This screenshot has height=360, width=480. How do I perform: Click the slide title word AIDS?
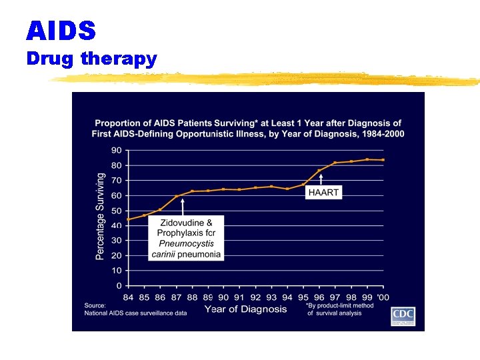coord(61,30)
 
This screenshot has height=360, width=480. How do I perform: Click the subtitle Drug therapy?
coord(91,59)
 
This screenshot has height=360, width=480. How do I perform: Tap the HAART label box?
coord(323,192)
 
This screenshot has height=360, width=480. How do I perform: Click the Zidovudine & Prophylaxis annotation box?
coord(186,237)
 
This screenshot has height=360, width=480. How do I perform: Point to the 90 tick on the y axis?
coord(115,150)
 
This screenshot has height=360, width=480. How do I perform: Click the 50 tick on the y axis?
coord(115,210)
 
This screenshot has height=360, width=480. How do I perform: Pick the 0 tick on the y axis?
coord(118,285)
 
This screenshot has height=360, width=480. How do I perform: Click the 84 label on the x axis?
coord(128,297)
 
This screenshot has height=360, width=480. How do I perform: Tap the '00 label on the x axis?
coord(383,297)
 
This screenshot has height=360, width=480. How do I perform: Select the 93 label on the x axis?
coord(271,297)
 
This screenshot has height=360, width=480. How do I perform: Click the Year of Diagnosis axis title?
coord(245,309)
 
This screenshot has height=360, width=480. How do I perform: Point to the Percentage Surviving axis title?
coord(100,216)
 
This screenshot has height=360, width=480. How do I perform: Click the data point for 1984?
coord(128,219)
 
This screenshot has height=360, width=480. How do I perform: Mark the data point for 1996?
coord(319,171)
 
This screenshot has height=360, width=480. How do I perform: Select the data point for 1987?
coord(176,197)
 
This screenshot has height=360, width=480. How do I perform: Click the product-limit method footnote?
coord(339,309)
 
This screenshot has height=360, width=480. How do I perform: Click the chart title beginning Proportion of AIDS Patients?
coord(248,128)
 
